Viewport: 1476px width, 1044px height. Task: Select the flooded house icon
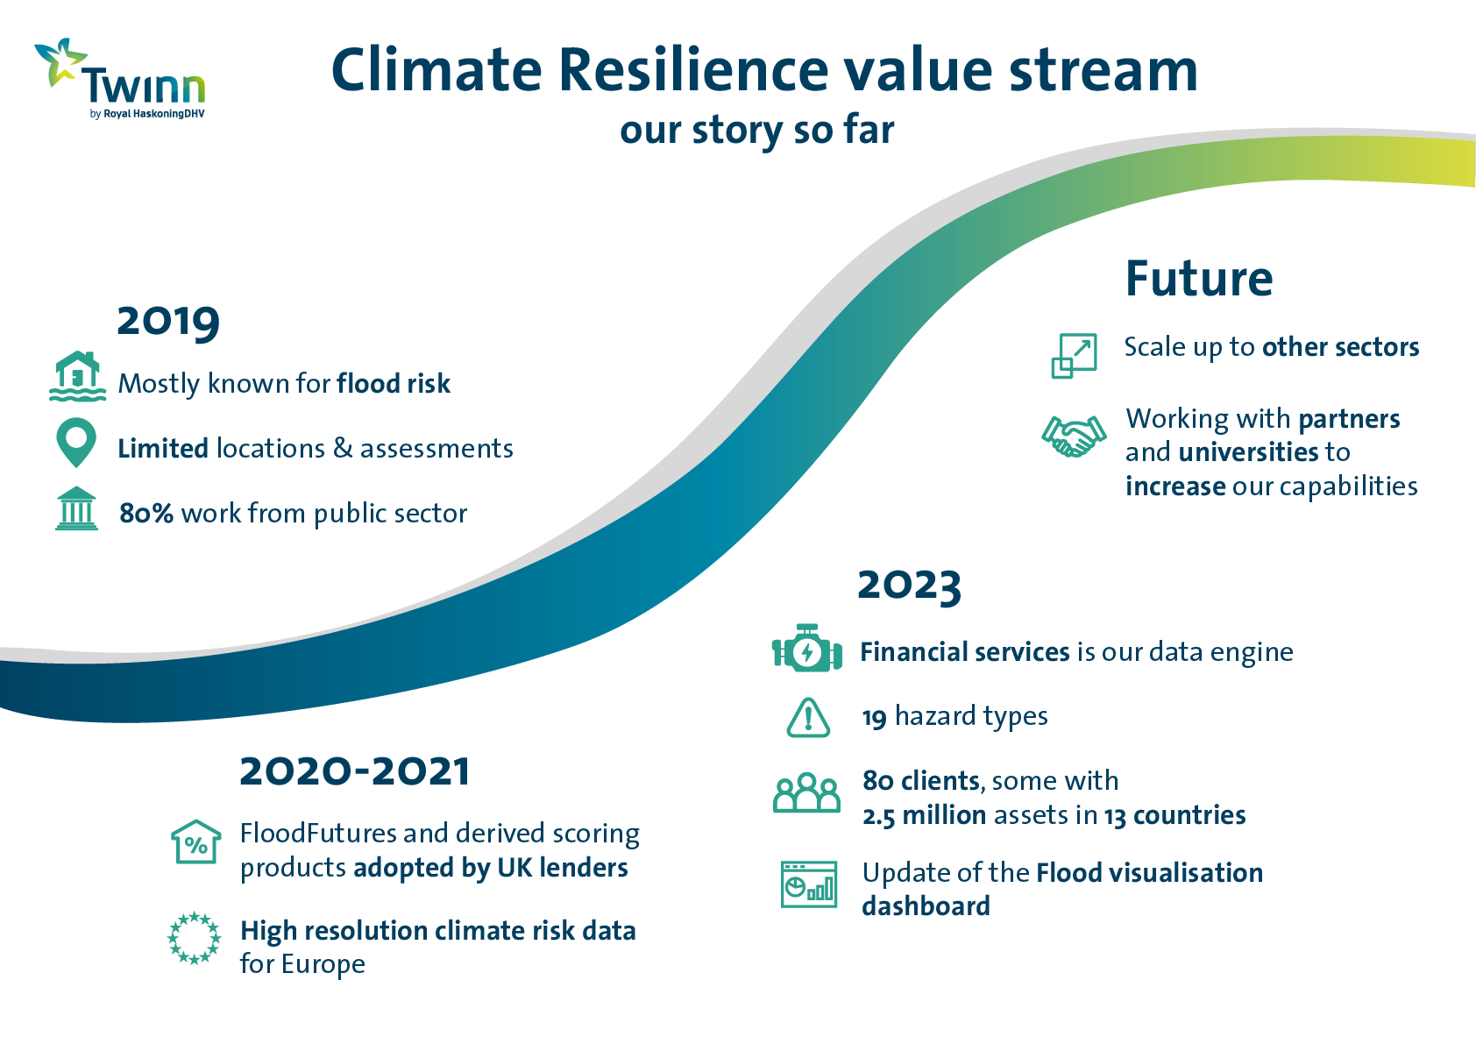pyautogui.click(x=77, y=376)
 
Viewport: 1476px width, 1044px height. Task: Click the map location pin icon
pyautogui.click(x=76, y=443)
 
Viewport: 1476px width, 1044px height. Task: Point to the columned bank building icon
pyautogui.click(x=76, y=508)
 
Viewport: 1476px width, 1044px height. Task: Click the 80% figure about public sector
pyautogui.click(x=145, y=514)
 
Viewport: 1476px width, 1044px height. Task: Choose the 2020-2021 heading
pyautogui.click(x=354, y=771)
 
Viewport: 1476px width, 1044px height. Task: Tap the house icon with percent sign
pyautogui.click(x=195, y=842)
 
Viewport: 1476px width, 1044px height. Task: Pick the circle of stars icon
pyautogui.click(x=194, y=938)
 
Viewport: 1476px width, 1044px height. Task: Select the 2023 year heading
pyautogui.click(x=909, y=586)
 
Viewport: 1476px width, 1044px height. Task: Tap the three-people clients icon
pyautogui.click(x=806, y=792)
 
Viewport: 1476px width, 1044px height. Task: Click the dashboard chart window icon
pyautogui.click(x=809, y=884)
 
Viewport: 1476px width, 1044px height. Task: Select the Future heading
pyautogui.click(x=1199, y=278)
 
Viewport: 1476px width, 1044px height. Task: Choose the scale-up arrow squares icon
pyautogui.click(x=1074, y=356)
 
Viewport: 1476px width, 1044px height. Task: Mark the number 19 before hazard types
pyautogui.click(x=875, y=717)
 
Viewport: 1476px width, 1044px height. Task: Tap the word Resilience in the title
pyautogui.click(x=693, y=70)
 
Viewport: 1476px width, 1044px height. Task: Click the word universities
pyautogui.click(x=1248, y=452)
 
